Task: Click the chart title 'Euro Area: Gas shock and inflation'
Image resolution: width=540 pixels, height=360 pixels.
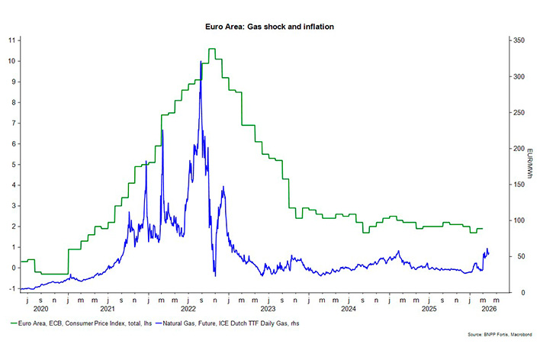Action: [x=269, y=27]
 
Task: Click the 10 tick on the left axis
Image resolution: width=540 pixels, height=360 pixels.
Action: [x=11, y=61]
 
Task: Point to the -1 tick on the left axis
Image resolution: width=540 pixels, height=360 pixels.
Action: [x=11, y=288]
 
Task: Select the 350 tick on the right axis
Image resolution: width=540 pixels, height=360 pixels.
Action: [x=517, y=40]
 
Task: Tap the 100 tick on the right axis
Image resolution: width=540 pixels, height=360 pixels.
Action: [x=517, y=220]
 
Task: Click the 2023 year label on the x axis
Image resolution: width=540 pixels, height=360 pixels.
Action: [x=268, y=309]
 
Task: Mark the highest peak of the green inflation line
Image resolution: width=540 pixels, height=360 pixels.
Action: [x=211, y=50]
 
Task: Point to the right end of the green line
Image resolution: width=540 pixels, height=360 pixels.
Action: [x=483, y=229]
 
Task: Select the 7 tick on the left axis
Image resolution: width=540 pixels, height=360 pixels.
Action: [x=11, y=123]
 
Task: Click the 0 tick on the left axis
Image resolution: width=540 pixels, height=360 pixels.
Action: [x=11, y=268]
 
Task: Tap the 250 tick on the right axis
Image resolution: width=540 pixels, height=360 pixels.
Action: [x=517, y=112]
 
